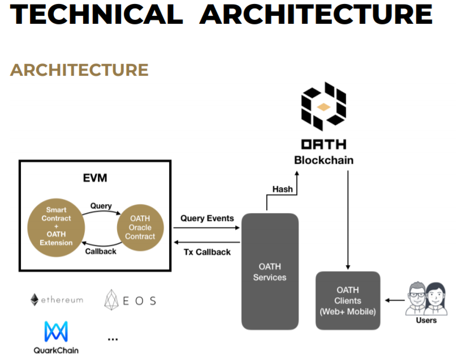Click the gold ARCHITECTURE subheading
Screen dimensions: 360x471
click(x=79, y=70)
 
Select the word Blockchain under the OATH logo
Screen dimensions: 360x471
click(x=323, y=161)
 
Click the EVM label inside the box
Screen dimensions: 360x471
click(x=95, y=179)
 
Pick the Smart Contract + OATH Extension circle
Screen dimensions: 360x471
click(x=56, y=226)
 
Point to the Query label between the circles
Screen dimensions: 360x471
click(x=101, y=206)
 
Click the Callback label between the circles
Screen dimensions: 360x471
click(x=101, y=251)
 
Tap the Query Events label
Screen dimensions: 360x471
click(x=207, y=218)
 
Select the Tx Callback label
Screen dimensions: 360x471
click(x=208, y=251)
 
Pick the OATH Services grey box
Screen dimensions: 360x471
click(x=270, y=271)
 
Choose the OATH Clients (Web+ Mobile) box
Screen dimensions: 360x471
click(x=347, y=301)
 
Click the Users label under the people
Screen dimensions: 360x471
click(x=426, y=320)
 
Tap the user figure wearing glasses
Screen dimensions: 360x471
click(x=417, y=298)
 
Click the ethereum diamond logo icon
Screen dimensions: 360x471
click(x=34, y=300)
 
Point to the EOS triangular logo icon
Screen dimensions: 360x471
click(x=111, y=300)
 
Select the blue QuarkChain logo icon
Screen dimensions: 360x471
click(x=55, y=332)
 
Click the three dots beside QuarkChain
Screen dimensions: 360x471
click(x=113, y=339)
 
